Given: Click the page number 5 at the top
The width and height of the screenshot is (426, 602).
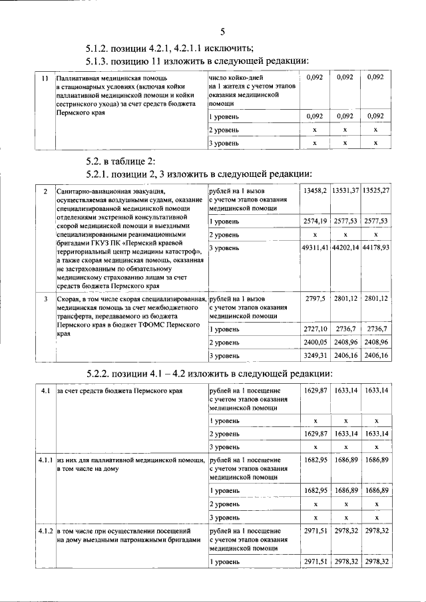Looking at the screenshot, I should [x=222, y=30].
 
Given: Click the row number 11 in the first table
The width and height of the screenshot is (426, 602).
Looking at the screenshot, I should [x=45, y=78].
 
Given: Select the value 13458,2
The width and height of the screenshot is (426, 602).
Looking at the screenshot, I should [x=315, y=191].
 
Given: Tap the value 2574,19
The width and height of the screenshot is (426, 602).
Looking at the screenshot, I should [x=315, y=220].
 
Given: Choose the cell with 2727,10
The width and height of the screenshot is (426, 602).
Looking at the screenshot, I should [x=315, y=329].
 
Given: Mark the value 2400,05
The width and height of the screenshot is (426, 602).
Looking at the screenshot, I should [x=315, y=342].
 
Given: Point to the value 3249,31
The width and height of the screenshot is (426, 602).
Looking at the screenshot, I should [x=315, y=356].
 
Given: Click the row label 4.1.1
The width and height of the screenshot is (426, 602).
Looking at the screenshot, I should [x=45, y=460].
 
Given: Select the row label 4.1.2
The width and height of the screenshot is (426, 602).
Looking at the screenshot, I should [x=45, y=532].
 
